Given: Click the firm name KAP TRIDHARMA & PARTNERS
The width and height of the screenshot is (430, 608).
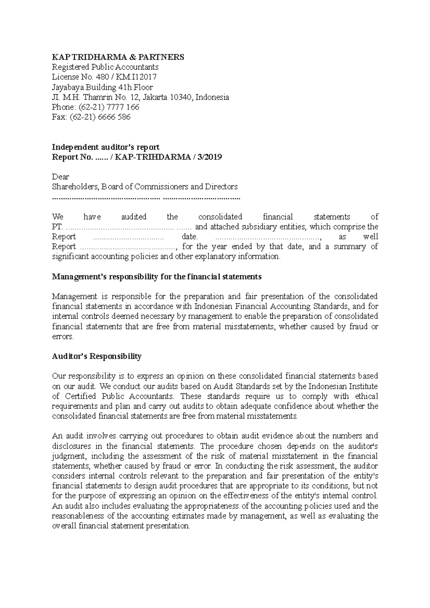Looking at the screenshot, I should tap(118, 57).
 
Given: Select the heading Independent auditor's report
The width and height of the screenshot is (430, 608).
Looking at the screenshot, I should tap(106, 147).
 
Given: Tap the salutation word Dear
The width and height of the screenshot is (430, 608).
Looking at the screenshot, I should tap(61, 177).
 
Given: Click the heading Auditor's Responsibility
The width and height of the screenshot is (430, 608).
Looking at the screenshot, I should tap(97, 356).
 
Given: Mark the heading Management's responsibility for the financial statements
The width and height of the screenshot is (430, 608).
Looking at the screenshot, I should tap(157, 277).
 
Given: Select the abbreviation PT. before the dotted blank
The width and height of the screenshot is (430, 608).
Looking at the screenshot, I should tap(57, 227).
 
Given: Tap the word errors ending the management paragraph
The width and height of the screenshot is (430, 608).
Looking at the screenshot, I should tap(63, 337).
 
